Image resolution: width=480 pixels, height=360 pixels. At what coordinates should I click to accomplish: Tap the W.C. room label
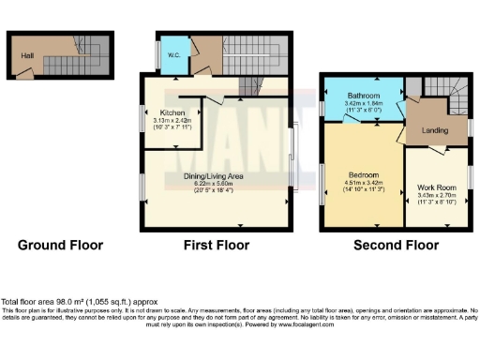[x=173, y=54]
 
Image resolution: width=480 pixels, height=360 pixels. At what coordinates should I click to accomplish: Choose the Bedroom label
[x=363, y=176]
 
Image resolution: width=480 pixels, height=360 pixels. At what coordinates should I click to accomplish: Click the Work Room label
[x=436, y=187]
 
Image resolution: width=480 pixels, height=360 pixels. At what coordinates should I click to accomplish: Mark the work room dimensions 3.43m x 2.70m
[x=436, y=195]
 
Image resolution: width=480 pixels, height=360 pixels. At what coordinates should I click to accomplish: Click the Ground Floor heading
[x=60, y=246]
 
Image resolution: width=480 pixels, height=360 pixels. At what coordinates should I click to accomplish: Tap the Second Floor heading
[x=396, y=246]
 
